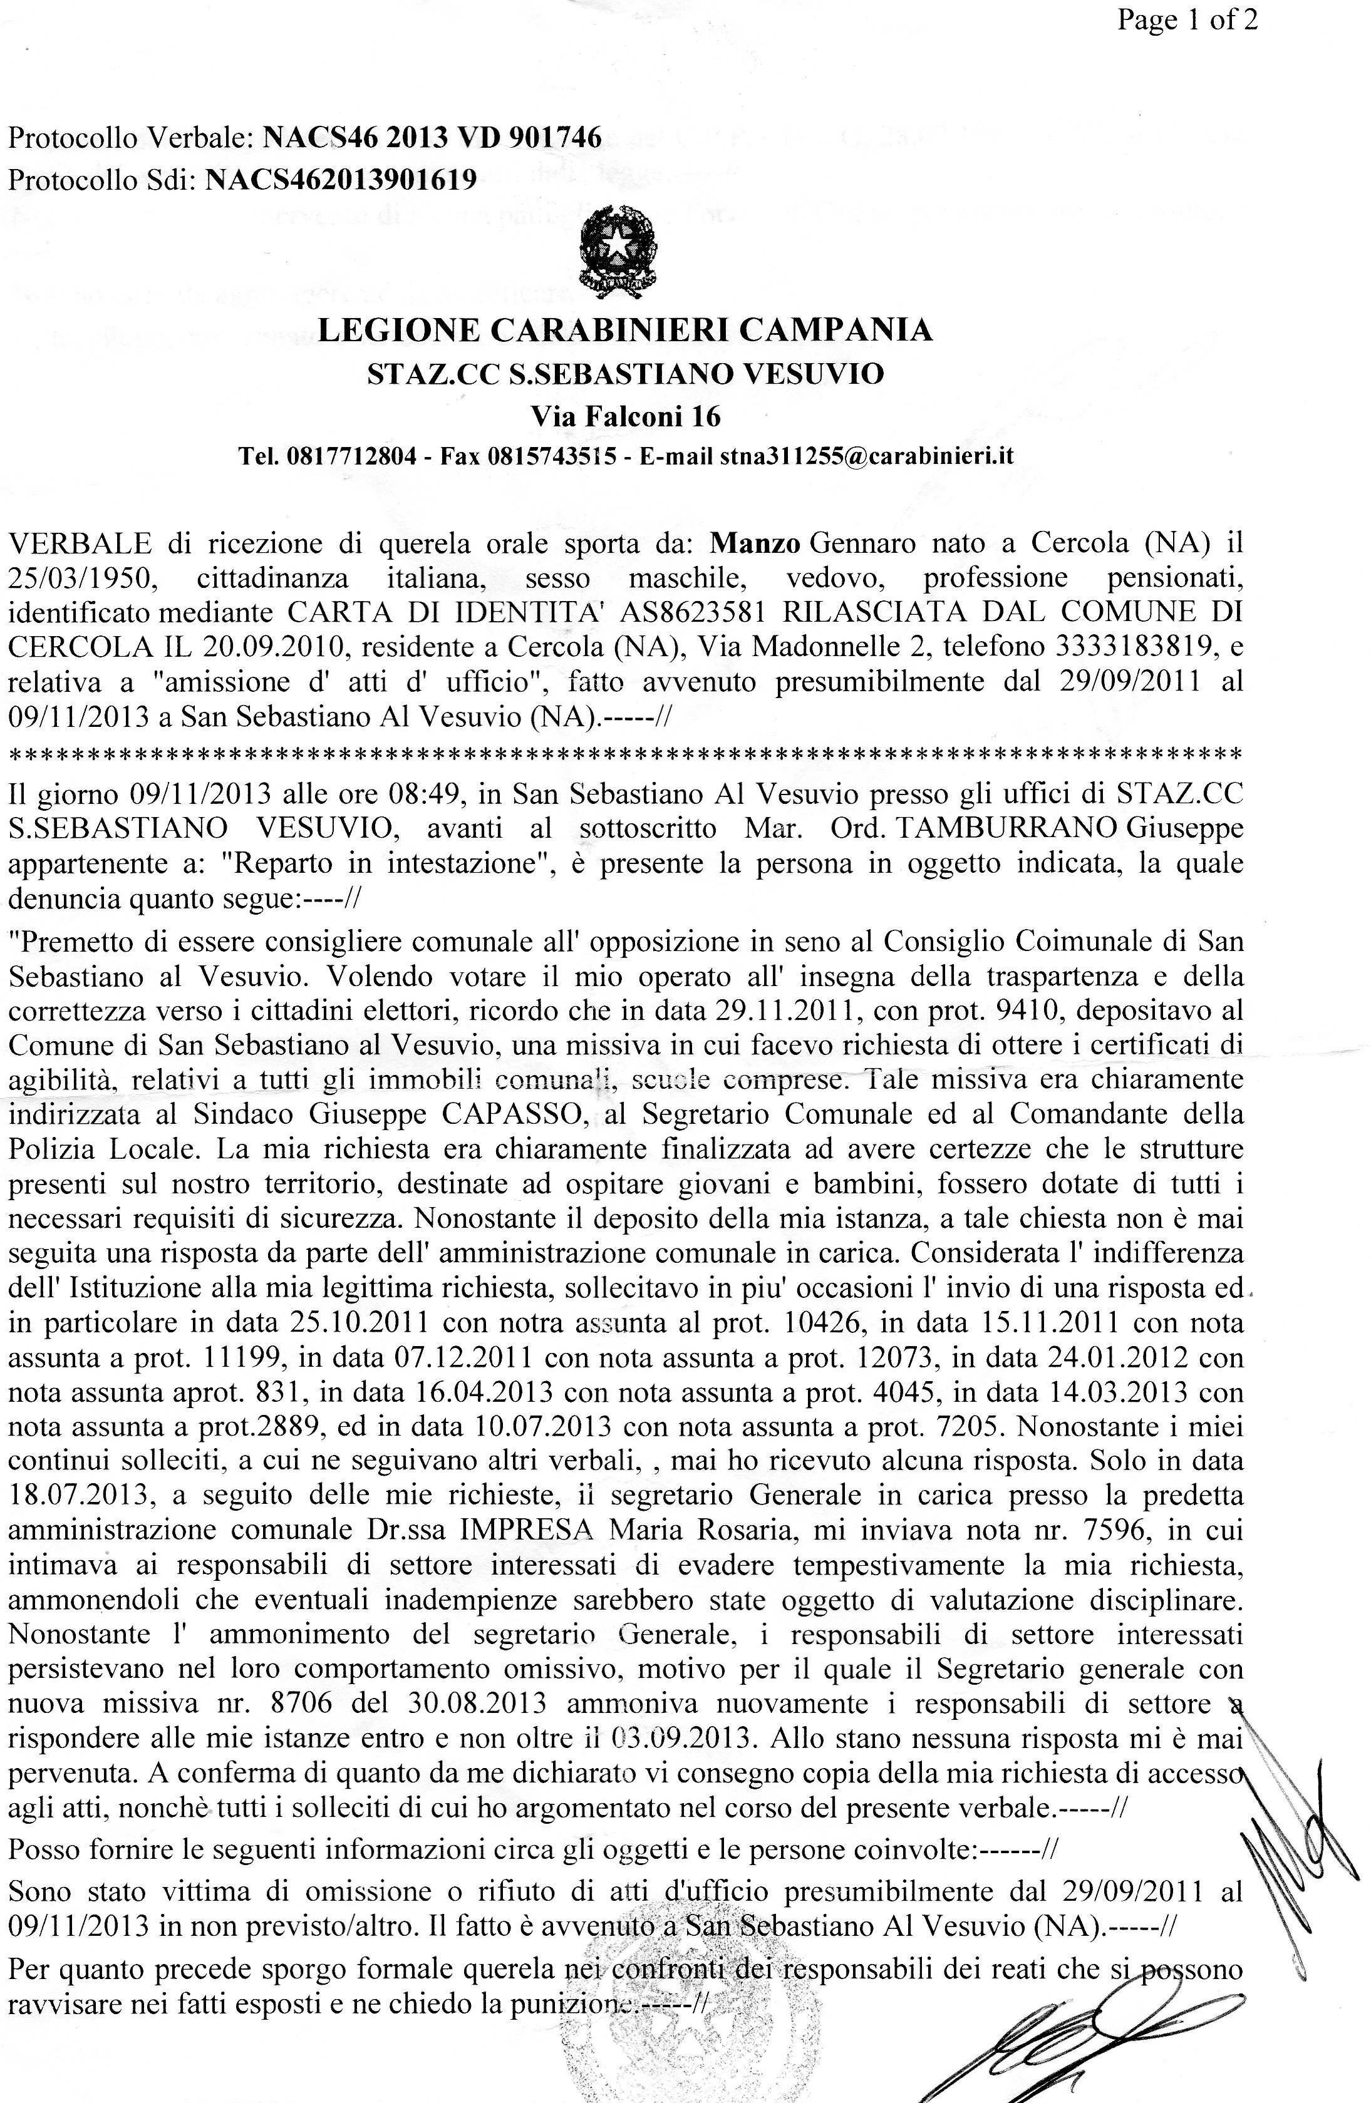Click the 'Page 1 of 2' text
point(1186,19)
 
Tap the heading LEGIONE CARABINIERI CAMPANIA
point(624,331)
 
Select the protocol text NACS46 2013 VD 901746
point(433,138)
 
